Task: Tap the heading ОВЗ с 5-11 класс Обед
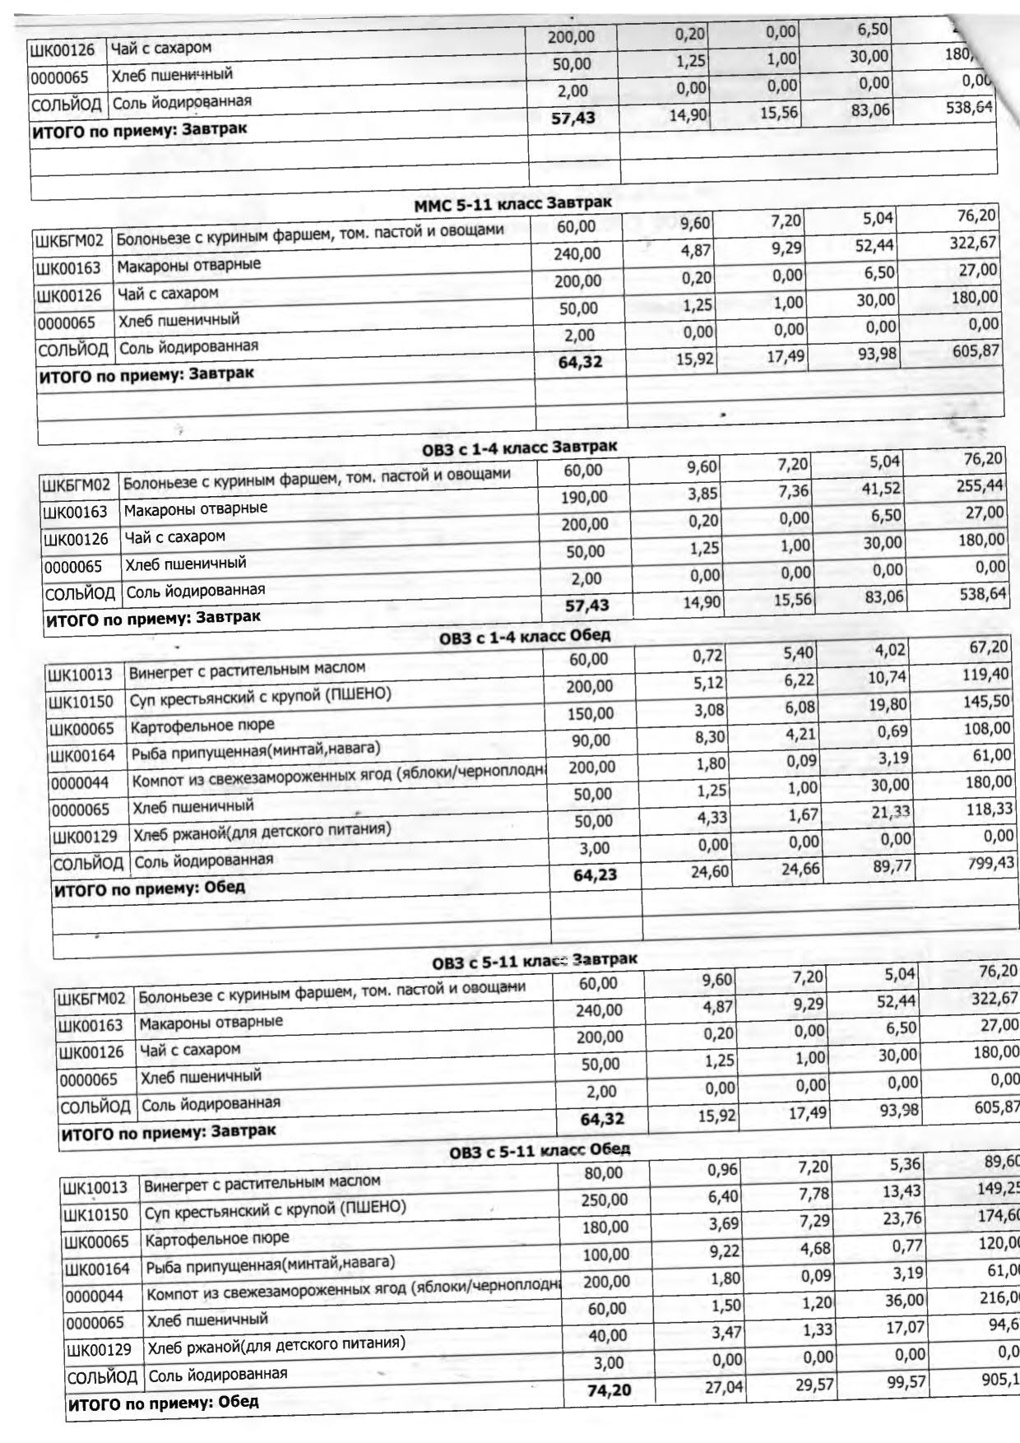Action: [540, 1150]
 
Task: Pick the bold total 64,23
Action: [595, 875]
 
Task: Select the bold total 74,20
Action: [609, 1390]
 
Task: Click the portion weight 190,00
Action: [584, 497]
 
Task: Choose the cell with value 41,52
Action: [881, 489]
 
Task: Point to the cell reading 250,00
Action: [605, 1200]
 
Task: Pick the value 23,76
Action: [904, 1219]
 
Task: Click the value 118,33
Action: [990, 809]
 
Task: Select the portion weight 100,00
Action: [606, 1255]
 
